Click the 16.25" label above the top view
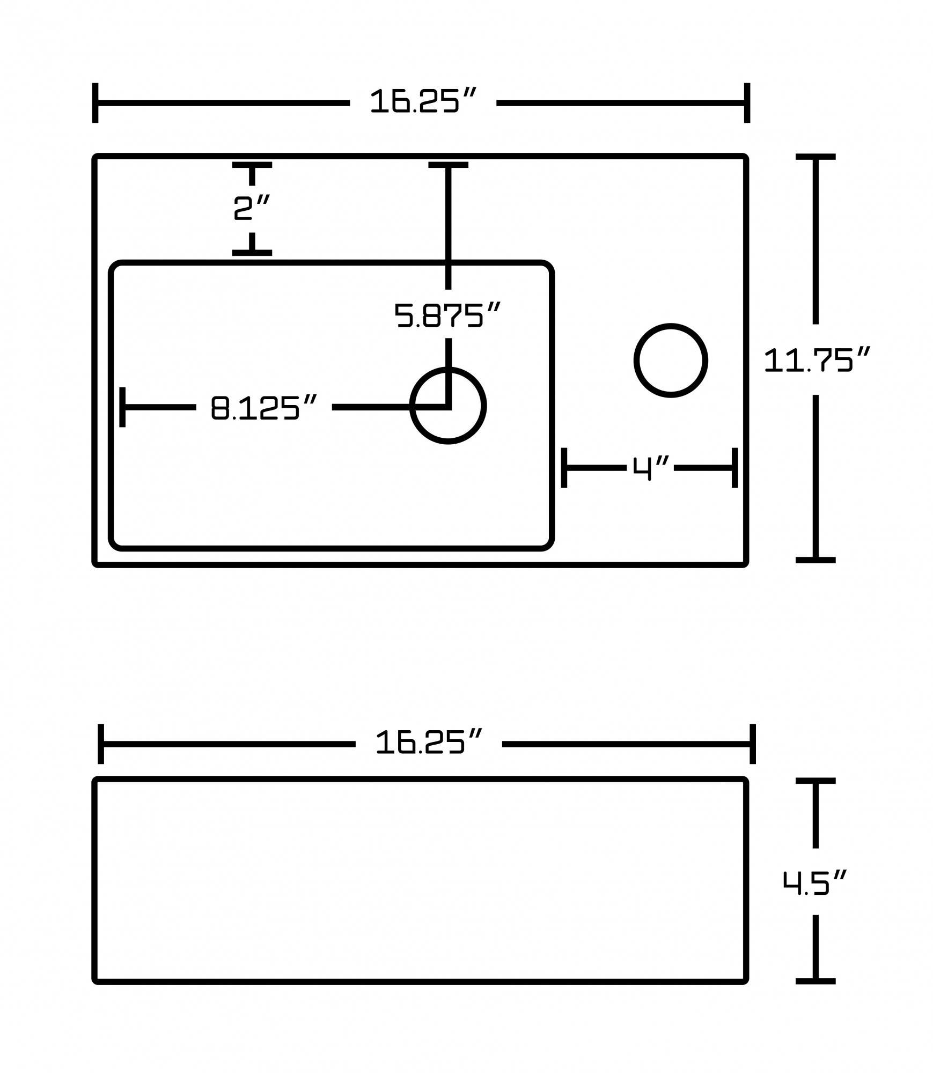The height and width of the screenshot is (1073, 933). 423,101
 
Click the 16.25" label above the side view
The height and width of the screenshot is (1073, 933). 429,743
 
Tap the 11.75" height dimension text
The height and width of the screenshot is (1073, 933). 816,360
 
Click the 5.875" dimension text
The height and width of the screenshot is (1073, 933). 447,315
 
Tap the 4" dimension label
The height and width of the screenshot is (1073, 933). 650,468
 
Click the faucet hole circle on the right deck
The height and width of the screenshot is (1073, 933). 670,361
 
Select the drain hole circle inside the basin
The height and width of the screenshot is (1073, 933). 448,406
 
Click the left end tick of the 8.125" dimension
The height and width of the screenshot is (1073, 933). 123,407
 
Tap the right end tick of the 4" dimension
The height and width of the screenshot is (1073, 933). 734,468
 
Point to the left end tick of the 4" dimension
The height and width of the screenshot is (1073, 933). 564,468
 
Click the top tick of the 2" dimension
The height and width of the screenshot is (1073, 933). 252,165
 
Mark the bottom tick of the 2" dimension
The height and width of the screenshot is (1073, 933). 252,252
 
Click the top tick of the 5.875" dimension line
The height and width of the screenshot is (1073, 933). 448,165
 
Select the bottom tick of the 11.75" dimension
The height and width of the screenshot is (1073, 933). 816,560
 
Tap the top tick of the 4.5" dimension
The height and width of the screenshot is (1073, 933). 816,781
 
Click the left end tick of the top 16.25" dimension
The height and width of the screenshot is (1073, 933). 95,102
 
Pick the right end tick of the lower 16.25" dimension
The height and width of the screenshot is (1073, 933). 753,744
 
